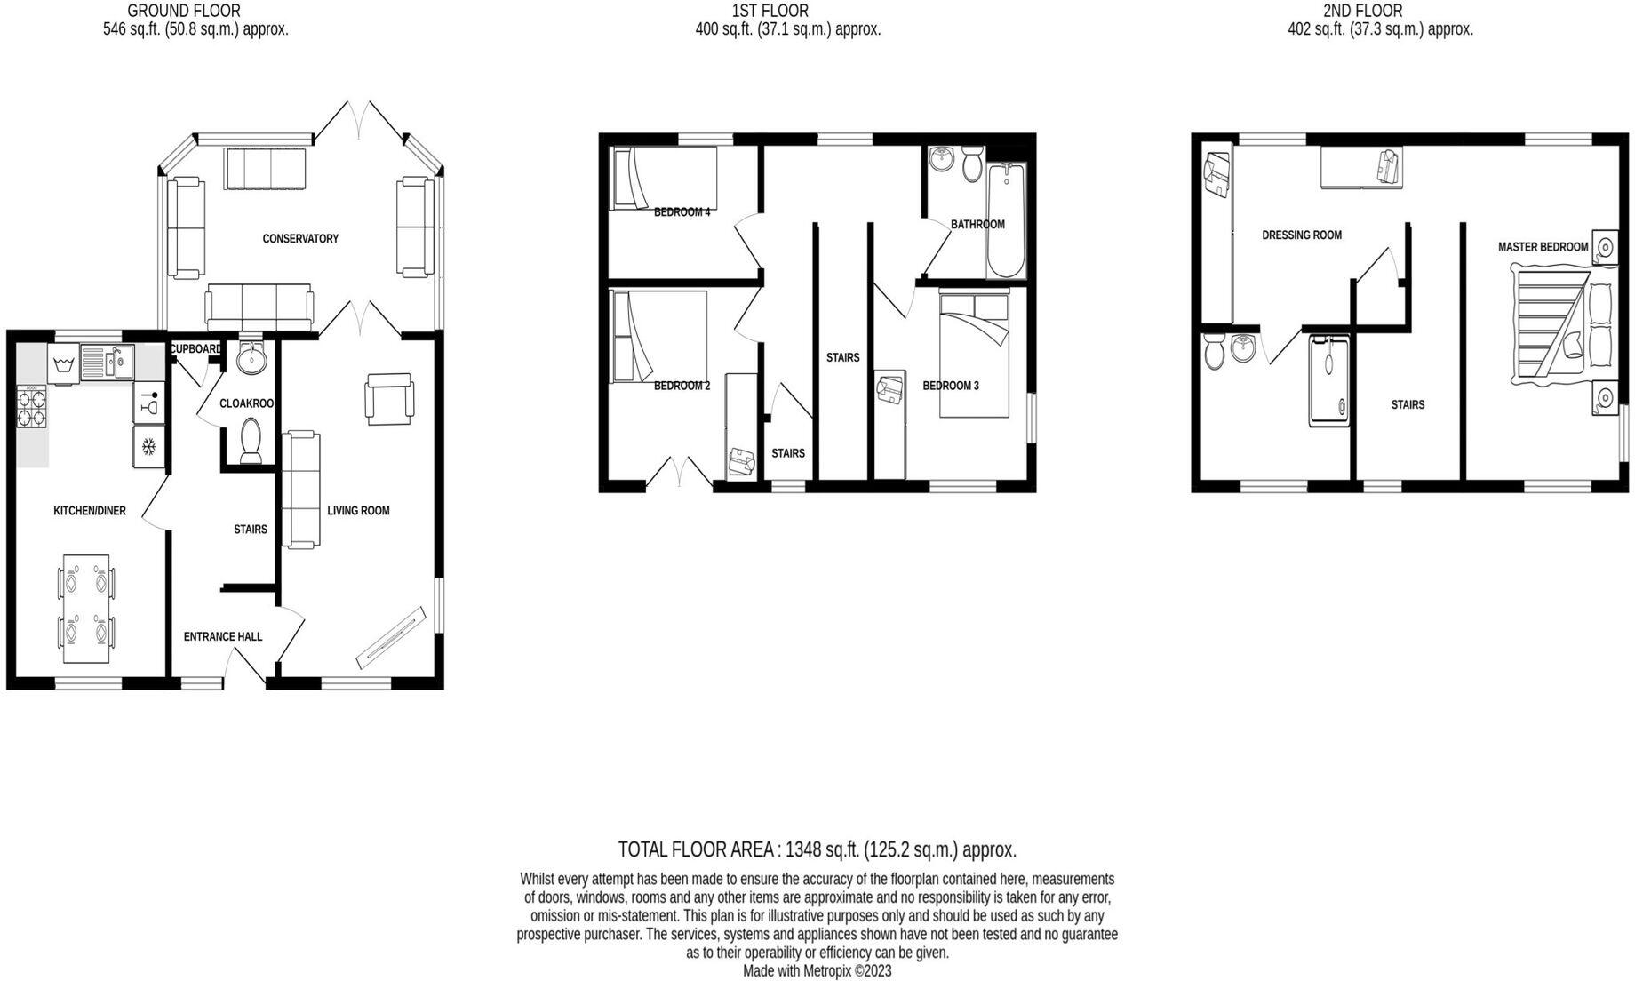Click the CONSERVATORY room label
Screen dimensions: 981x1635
point(300,238)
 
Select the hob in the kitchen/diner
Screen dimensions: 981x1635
point(31,407)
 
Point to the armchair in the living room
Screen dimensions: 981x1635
point(388,399)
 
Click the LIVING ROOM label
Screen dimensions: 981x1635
point(358,510)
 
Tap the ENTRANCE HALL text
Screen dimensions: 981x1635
point(223,636)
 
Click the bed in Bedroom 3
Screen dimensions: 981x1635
point(974,355)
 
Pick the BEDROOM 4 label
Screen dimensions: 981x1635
point(682,212)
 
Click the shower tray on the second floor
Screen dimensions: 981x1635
point(1328,380)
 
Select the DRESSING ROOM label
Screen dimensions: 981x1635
point(1302,235)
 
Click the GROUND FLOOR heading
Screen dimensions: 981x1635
point(184,11)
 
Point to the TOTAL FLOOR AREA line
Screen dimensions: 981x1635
point(817,849)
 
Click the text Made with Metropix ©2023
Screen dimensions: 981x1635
point(817,970)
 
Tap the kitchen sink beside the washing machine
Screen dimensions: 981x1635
point(106,362)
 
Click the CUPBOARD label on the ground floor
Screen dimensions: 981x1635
point(195,348)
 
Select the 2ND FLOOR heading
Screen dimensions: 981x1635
point(1362,11)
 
